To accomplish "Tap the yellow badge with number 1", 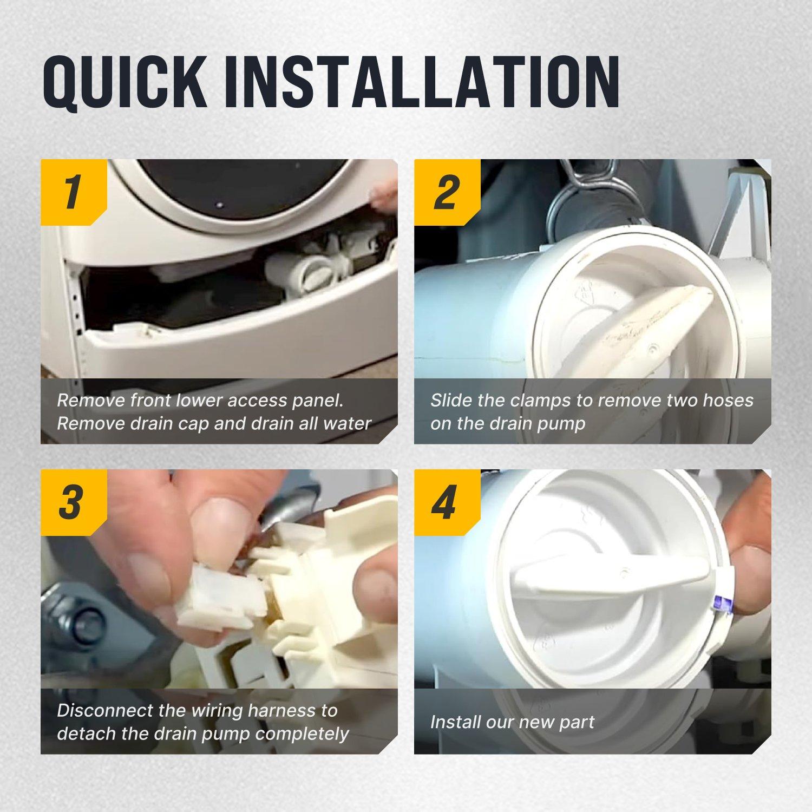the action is coord(74,192).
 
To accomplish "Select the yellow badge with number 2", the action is coord(447,192).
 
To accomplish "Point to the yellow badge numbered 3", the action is coord(74,502).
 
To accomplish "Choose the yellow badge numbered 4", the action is coord(447,502).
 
